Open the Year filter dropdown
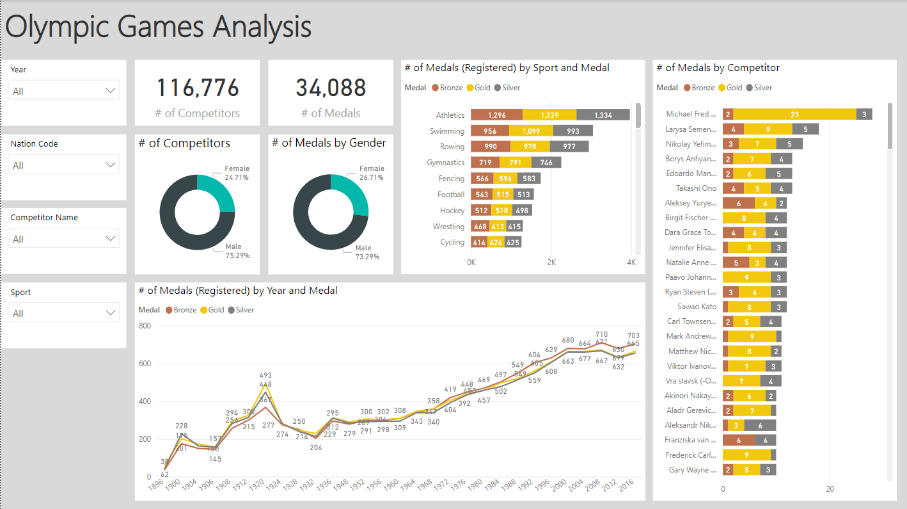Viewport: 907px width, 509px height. click(x=64, y=91)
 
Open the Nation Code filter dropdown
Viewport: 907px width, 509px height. click(x=64, y=165)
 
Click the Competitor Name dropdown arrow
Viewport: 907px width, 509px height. click(x=110, y=239)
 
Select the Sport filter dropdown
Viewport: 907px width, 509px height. click(x=64, y=313)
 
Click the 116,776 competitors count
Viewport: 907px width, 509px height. click(x=198, y=88)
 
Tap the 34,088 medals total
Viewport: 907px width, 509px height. click(x=331, y=88)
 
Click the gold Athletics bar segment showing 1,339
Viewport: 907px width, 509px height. click(x=549, y=115)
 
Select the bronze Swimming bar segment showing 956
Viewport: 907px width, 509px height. click(x=490, y=131)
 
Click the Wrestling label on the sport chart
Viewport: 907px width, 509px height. click(x=448, y=227)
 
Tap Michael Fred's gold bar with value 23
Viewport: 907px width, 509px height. click(x=794, y=114)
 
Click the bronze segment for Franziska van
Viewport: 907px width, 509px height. click(x=738, y=440)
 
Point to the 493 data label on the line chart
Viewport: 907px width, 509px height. click(x=265, y=376)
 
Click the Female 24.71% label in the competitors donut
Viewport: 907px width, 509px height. click(x=236, y=173)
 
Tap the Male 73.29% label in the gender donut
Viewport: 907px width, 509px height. click(x=367, y=252)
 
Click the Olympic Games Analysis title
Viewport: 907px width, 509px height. click(x=159, y=27)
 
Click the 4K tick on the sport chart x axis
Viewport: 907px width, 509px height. click(x=631, y=263)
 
